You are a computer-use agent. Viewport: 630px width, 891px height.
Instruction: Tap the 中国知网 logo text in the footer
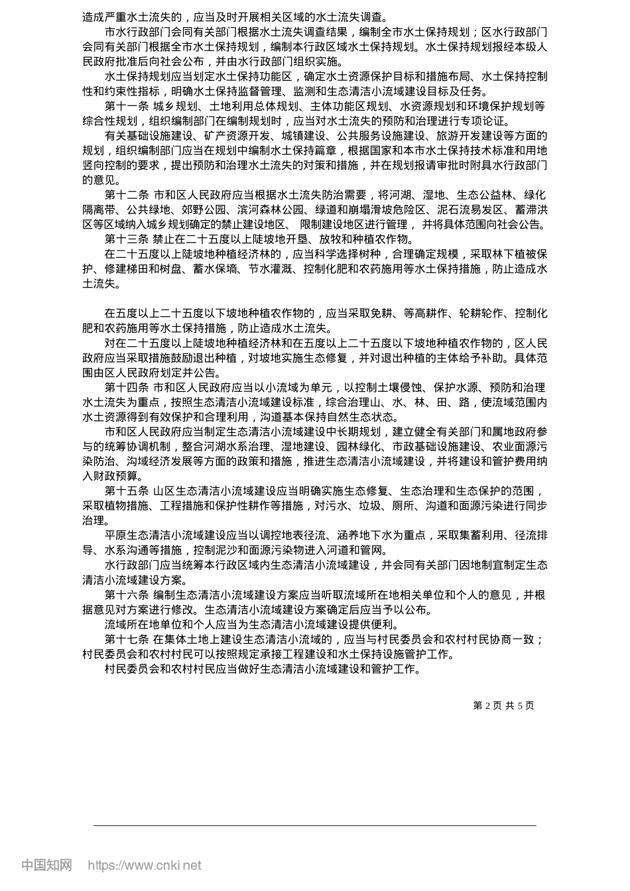(46, 865)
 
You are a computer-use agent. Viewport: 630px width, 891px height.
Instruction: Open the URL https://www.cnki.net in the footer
(145, 865)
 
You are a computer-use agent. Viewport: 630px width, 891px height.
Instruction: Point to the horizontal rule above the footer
(315, 825)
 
